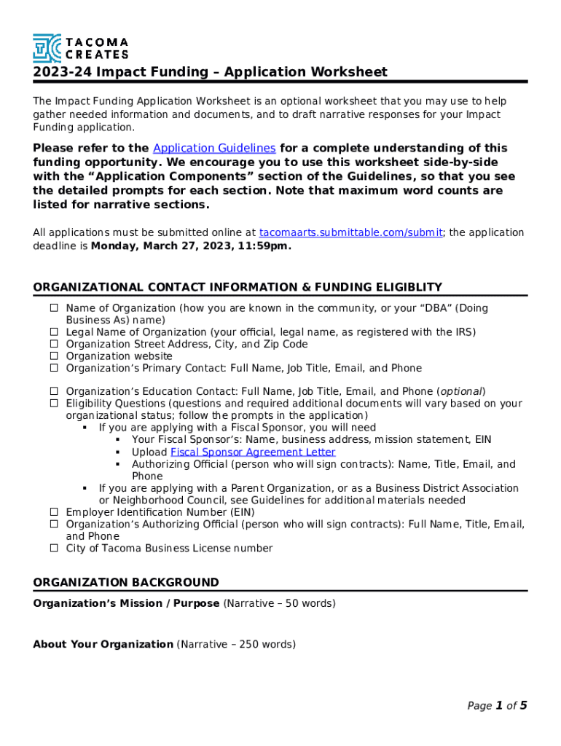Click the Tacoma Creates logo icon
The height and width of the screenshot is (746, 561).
[x=47, y=47]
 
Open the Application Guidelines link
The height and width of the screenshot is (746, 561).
[x=214, y=148]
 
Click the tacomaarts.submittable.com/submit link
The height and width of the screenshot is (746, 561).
[x=350, y=232]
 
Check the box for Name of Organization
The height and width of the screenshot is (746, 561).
[x=54, y=308]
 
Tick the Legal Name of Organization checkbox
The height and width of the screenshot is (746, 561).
[x=54, y=332]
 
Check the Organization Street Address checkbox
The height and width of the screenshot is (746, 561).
[x=54, y=344]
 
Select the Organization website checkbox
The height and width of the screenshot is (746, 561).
[x=54, y=356]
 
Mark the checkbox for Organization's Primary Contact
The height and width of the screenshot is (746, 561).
[x=54, y=368]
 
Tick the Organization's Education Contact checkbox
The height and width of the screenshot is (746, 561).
[x=54, y=391]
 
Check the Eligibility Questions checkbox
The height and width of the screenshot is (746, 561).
[x=54, y=404]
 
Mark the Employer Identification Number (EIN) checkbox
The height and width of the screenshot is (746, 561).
[x=54, y=512]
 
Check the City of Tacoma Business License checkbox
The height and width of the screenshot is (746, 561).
[x=54, y=548]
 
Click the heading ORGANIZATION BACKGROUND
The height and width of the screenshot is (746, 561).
[x=126, y=582]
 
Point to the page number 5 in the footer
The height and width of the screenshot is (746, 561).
[x=523, y=705]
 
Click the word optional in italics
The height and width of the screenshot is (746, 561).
[x=461, y=391]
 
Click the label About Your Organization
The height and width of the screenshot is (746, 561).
[x=103, y=644]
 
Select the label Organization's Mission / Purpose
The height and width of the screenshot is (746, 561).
[x=126, y=603]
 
